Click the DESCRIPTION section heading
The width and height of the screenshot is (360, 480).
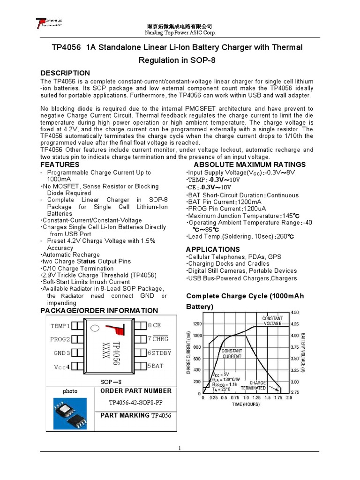65,73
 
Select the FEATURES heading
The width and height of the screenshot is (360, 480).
60,165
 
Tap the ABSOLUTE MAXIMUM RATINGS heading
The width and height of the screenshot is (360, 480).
249,165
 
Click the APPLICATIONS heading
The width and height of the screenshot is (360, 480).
213,249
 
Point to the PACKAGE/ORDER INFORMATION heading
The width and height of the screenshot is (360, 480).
99,310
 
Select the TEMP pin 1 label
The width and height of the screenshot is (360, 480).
60,325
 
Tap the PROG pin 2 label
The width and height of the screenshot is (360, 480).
60,339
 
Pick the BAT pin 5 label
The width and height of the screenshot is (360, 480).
156,366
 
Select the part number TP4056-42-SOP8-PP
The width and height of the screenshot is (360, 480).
135,403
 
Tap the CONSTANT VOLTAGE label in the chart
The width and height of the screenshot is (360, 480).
272,321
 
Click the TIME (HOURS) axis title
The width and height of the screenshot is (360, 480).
246,405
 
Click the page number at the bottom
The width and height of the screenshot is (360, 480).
180,449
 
